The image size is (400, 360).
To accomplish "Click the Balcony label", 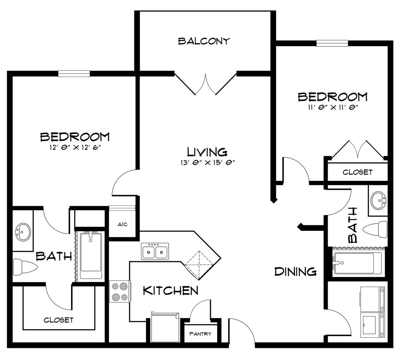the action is click(204, 41).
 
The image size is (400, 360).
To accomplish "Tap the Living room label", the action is click(207, 152).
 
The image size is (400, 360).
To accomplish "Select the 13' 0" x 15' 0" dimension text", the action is click(207, 163).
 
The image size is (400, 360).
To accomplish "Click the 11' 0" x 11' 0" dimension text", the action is click(332, 107).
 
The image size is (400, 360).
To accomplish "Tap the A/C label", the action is click(122, 225).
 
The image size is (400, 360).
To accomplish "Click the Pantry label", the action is click(200, 333).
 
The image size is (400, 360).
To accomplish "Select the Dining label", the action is click(295, 271).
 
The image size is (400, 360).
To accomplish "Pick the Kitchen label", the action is click(171, 290).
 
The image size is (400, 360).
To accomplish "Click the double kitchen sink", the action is click(155, 251).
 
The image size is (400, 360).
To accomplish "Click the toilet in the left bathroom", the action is click(25, 267).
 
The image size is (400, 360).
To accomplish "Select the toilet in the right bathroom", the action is click(375, 230).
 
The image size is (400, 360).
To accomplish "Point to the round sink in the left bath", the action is click(23, 232).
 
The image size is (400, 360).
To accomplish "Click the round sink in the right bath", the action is click(378, 200).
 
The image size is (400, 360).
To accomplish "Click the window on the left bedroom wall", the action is click(74, 73).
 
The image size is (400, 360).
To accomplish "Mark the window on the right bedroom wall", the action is click(332, 43).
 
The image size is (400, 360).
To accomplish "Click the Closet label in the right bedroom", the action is click(357, 172).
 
